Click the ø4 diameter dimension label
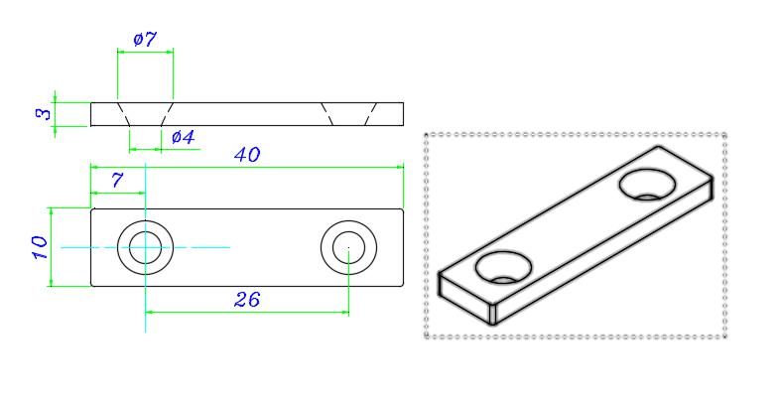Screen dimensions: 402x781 point(183,137)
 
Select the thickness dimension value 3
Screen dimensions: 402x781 point(43,114)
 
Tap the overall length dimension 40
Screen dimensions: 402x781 point(247,155)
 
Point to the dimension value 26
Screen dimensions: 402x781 point(247,299)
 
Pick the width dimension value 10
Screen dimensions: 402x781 point(39,247)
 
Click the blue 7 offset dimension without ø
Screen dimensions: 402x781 point(117,180)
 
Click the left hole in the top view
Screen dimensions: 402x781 point(146,246)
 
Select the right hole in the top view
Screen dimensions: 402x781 point(349,246)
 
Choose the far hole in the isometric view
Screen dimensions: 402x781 point(647,183)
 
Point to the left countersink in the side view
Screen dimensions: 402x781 point(146,113)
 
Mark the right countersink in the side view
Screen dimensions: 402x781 point(349,113)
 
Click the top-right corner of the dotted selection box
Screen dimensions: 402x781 point(726,133)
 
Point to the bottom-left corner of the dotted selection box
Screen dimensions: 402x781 point(426,337)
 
